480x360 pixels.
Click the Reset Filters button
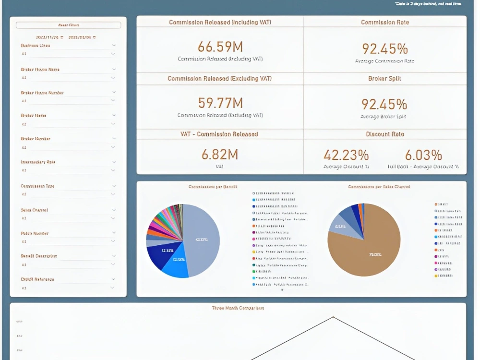point(69,25)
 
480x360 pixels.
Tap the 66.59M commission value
point(220,47)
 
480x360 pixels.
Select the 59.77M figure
point(220,103)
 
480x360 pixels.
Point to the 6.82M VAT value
point(220,154)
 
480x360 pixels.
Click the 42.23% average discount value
point(346,155)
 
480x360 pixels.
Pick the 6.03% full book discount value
point(423,155)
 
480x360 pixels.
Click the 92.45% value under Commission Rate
point(384,48)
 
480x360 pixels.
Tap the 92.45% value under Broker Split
point(384,104)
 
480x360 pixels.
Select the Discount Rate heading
point(384,134)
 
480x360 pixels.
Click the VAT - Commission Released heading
point(220,134)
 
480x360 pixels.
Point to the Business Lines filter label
point(36,46)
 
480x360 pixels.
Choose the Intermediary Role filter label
point(38,162)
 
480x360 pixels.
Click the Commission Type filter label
point(37,185)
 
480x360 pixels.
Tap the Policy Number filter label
point(35,233)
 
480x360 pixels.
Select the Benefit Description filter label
point(39,256)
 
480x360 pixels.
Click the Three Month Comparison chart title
point(238,308)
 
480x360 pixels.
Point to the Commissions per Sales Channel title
point(379,187)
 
